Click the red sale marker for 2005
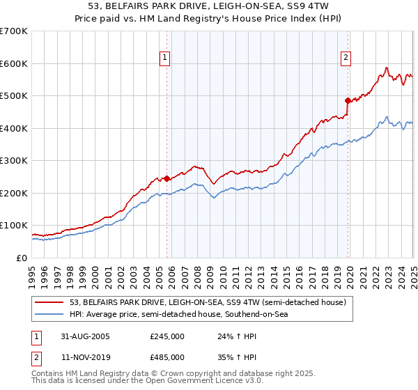[167, 178]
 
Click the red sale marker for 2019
[348, 100]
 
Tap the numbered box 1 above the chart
[165, 58]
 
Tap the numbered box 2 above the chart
[346, 58]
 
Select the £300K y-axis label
[14, 160]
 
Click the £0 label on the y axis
[22, 258]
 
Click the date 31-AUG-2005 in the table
[86, 336]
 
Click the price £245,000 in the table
[167, 336]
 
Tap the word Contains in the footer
[49, 374]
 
